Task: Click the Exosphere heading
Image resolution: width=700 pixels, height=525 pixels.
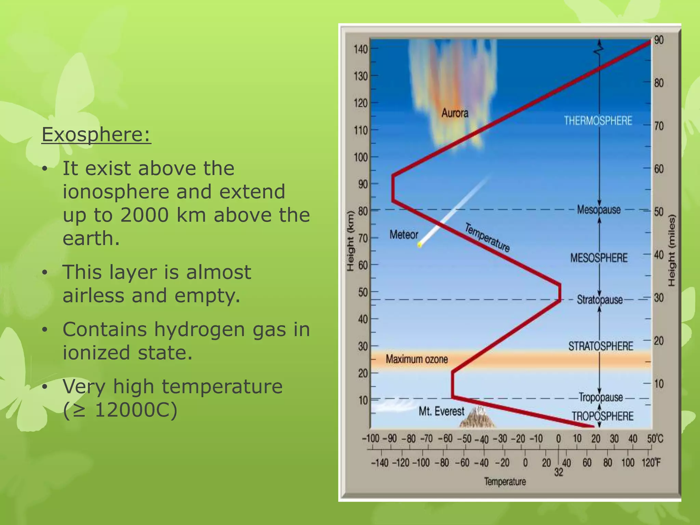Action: (96, 135)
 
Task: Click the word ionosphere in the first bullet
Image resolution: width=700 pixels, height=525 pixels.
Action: (116, 191)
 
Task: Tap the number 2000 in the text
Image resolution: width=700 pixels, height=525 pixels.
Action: (144, 215)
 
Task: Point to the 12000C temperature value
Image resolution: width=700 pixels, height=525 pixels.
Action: (136, 410)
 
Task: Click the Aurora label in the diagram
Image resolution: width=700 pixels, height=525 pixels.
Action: (454, 113)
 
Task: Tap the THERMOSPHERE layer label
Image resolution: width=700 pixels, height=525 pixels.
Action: (598, 121)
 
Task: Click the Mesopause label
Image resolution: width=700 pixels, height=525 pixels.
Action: (598, 209)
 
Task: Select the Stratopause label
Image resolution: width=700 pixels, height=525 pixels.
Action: (600, 300)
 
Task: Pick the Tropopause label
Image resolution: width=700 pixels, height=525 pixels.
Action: (601, 398)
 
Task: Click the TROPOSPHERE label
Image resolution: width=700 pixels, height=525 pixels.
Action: (603, 416)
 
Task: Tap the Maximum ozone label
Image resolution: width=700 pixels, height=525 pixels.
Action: (416, 359)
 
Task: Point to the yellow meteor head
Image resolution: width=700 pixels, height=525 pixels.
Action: (420, 245)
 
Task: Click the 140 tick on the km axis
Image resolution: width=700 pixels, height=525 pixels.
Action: (360, 49)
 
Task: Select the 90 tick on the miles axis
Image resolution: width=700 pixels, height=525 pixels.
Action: (659, 40)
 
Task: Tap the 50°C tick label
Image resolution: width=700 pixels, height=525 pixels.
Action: (655, 439)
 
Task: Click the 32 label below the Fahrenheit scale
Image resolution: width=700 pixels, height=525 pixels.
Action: (558, 472)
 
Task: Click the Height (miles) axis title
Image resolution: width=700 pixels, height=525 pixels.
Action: (672, 250)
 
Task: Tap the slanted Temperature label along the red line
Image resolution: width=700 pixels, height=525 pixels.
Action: (487, 237)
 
